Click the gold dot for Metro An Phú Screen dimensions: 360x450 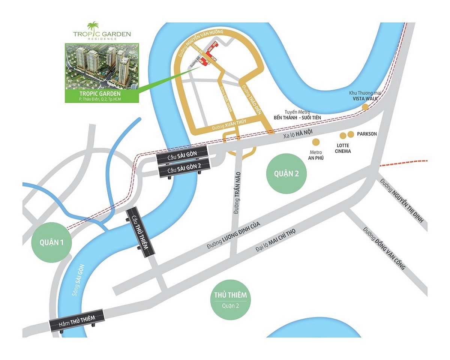pyautogui.click(x=316, y=142)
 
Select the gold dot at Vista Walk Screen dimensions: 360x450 pyautogui.click(x=365, y=107)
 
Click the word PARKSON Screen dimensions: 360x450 pyautogui.click(x=367, y=134)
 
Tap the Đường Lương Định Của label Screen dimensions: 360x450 pyautogui.click(x=233, y=235)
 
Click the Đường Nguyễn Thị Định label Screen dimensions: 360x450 pyautogui.click(x=402, y=201)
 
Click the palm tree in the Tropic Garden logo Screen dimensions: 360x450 pyautogui.click(x=91, y=26)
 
